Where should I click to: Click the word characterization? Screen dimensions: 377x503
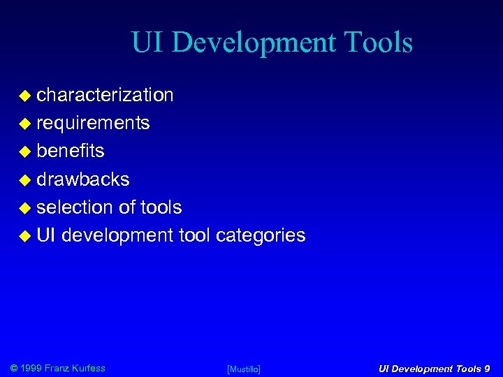pos(105,95)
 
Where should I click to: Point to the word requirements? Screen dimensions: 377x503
pos(93,124)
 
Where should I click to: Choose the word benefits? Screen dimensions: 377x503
pos(71,151)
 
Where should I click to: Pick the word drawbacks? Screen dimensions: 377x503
pos(83,179)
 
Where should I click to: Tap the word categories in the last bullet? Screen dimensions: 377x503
pos(261,235)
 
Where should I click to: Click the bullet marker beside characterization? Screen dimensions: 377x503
pos(24,96)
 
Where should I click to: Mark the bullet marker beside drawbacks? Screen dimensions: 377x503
pos(24,180)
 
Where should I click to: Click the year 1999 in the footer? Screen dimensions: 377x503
pos(31,368)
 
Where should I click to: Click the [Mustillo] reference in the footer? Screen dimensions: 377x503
pos(244,369)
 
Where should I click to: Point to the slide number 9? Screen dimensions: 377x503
pos(486,368)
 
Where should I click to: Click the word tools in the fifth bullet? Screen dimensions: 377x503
pos(161,207)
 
